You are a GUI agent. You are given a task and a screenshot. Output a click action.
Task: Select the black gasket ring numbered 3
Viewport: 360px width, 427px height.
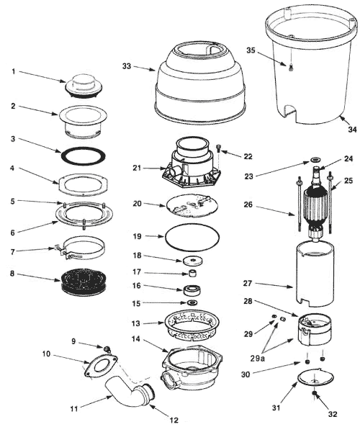click(61, 156)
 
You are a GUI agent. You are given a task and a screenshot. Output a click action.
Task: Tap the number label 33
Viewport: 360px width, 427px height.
click(127, 66)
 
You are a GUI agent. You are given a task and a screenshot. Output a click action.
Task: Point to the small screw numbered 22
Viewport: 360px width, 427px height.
click(219, 149)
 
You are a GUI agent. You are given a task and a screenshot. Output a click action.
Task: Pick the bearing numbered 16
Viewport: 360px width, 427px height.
click(192, 290)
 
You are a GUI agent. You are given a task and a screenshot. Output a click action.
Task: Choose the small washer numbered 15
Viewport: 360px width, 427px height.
click(192, 302)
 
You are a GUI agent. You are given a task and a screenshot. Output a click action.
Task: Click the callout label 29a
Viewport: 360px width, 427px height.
click(258, 358)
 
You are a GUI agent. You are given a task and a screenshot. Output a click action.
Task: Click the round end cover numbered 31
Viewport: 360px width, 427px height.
click(315, 378)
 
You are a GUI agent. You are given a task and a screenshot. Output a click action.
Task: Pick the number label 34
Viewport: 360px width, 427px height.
click(353, 130)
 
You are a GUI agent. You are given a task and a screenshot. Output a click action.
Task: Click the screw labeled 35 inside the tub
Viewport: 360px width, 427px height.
click(291, 67)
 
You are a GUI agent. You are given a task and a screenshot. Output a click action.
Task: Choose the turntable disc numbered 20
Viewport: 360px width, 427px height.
click(192, 206)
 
